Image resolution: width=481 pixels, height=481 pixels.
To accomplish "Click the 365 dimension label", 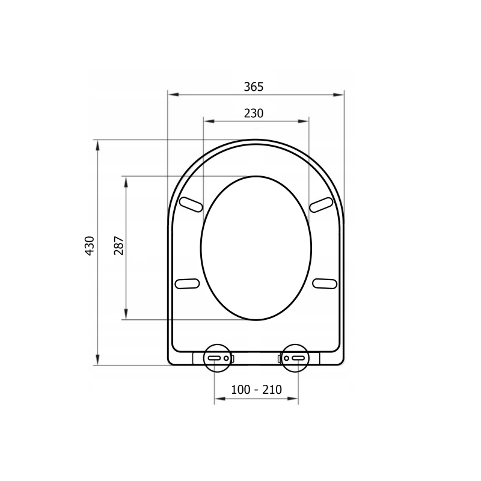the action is (x=253, y=87).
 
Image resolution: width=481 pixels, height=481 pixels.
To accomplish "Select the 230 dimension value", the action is (x=254, y=114).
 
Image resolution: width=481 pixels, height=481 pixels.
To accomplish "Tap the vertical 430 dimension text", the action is (x=89, y=246).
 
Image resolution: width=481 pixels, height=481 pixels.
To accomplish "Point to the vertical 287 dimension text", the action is (x=118, y=246).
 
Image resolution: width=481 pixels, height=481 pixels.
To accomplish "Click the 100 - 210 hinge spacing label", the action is (x=256, y=390).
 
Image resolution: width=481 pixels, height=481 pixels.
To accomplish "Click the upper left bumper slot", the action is (x=191, y=204).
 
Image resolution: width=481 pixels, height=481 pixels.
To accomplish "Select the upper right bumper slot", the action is (x=321, y=204).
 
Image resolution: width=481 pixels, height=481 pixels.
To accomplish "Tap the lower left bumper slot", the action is (x=187, y=283).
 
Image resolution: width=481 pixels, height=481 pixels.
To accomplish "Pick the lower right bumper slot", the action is (x=325, y=283).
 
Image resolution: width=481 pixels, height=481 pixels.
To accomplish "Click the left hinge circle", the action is (x=217, y=345).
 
